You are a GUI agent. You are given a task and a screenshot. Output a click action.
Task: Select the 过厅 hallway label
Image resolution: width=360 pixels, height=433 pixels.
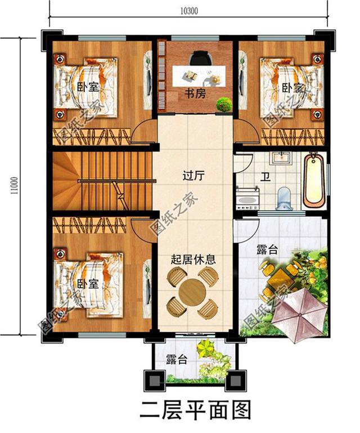pyautogui.click(x=193, y=175)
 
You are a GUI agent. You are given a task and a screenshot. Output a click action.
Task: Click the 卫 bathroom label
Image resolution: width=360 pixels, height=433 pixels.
pyautogui.click(x=264, y=177)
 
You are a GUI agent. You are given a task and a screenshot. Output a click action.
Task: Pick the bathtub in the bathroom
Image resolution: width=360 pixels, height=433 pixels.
pyautogui.click(x=314, y=181)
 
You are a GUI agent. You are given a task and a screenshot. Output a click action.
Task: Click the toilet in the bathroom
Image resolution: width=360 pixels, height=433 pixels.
pyautogui.click(x=285, y=195)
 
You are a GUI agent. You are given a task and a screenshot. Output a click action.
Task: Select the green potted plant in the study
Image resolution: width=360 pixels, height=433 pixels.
pyautogui.click(x=224, y=104)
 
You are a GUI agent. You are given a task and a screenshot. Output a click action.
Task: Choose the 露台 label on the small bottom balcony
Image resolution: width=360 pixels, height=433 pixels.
pyautogui.click(x=177, y=360)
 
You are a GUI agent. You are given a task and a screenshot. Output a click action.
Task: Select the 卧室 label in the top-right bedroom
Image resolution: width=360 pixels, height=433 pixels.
pyautogui.click(x=291, y=87)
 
